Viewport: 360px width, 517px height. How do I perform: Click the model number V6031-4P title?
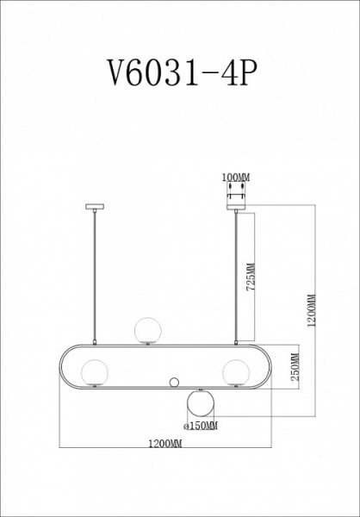(183, 72)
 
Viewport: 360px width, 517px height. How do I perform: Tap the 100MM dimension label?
(236, 178)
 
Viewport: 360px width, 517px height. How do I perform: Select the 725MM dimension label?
(251, 277)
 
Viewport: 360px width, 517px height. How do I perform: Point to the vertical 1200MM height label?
(311, 310)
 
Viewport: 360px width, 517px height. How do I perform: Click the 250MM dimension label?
(295, 367)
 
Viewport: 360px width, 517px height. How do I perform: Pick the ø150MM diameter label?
(201, 426)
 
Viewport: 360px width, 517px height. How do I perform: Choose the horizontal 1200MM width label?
(164, 444)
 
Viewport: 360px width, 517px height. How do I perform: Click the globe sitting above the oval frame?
(148, 330)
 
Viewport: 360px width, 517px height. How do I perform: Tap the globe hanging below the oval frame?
(200, 403)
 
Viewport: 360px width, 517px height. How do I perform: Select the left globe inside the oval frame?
(95, 372)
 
